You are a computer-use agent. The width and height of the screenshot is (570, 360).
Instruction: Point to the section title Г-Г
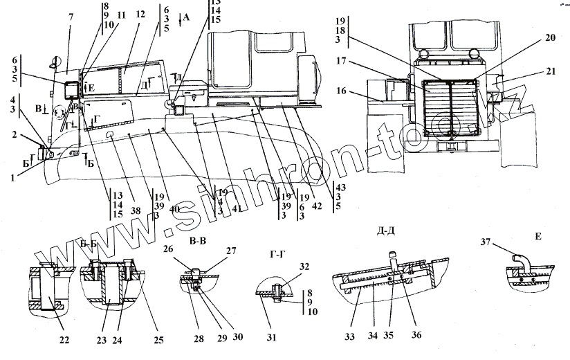(280, 254)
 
